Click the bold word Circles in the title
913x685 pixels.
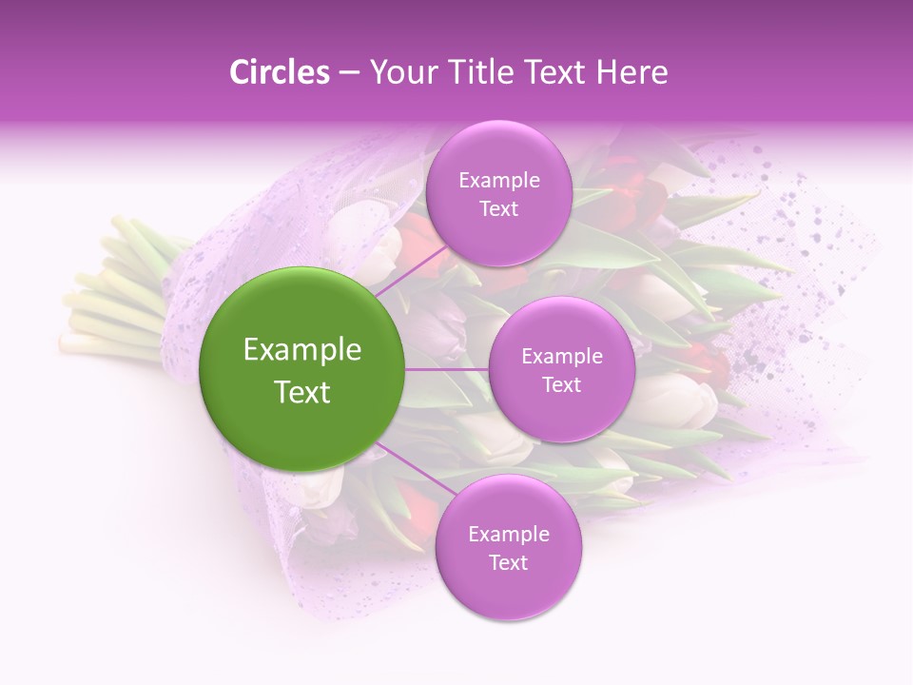[x=280, y=72]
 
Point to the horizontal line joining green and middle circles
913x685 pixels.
[x=447, y=369]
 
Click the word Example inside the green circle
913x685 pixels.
[x=302, y=350]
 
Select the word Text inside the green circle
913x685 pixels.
[x=302, y=392]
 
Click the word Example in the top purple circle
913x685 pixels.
[x=499, y=181]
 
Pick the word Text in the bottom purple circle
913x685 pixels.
[x=508, y=562]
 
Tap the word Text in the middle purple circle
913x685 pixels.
[x=561, y=384]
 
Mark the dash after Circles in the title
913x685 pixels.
[x=349, y=72]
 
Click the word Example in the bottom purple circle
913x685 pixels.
[x=508, y=535]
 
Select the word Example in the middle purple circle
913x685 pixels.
[x=561, y=357]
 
